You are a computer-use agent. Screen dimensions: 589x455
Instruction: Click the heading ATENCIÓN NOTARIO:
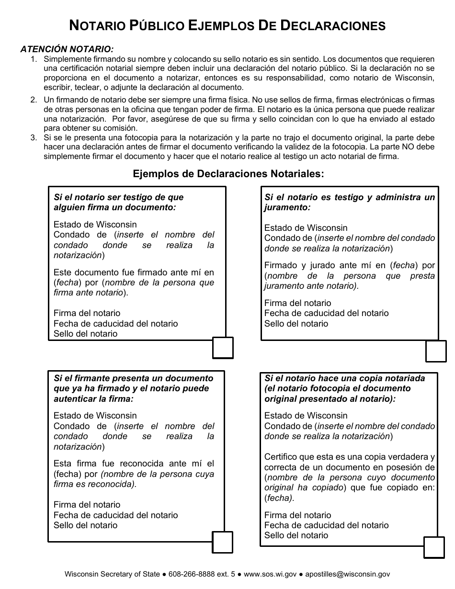67,49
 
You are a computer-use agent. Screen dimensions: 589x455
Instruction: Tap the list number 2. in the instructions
34,100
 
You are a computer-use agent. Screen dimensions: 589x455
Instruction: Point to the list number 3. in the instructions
34,137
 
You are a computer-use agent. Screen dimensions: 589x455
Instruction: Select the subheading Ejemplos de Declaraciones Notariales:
228,174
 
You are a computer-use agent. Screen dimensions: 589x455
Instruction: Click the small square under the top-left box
223,348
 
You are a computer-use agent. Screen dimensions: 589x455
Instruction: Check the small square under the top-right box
436,351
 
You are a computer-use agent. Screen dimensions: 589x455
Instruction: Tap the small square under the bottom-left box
222,542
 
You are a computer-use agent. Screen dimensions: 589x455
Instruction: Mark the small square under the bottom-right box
434,547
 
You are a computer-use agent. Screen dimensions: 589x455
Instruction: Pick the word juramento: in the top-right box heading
287,208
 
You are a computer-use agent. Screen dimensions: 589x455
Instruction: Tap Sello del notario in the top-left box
85,334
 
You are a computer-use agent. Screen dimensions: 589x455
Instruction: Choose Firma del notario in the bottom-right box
297,515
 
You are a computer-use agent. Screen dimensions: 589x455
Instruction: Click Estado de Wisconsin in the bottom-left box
95,416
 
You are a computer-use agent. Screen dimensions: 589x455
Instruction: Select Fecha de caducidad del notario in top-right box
326,313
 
